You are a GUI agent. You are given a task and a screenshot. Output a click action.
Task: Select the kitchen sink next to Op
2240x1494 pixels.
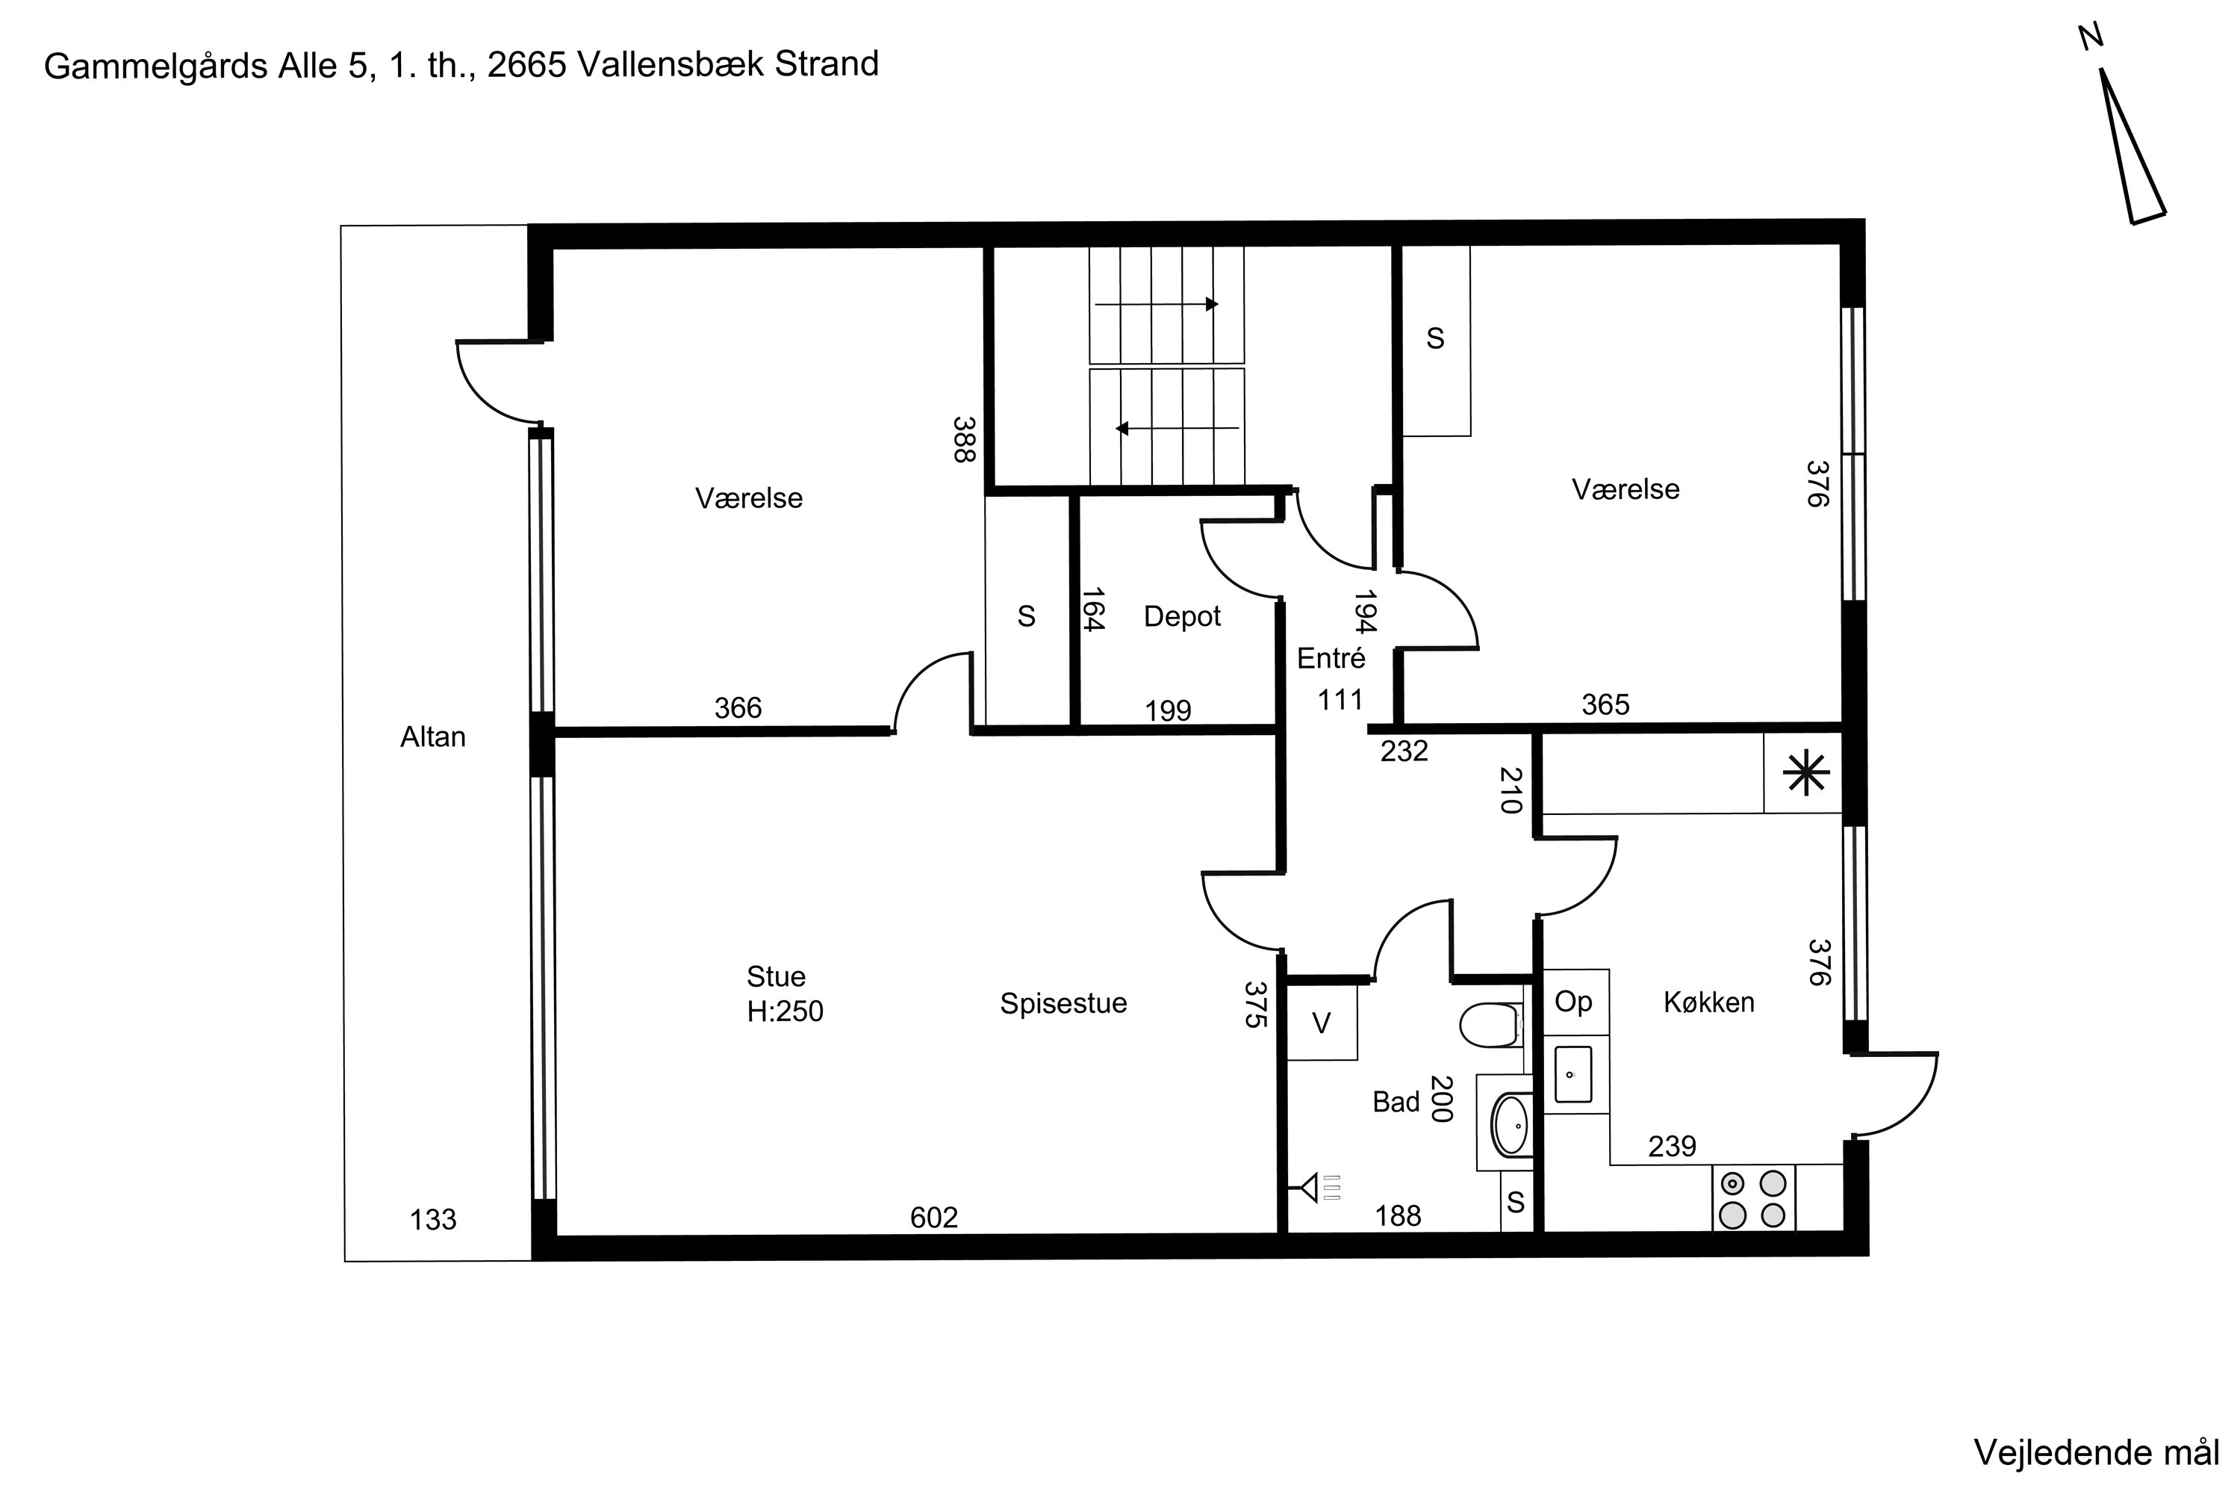(x=1573, y=1074)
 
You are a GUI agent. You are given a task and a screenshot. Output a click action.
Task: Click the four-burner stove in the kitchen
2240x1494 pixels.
(x=1753, y=1199)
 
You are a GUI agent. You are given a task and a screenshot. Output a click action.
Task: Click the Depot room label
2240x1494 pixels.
(x=1182, y=616)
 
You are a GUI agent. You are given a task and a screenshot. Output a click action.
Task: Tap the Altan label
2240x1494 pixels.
(x=432, y=737)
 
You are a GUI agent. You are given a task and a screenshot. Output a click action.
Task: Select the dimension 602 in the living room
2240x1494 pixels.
(x=933, y=1217)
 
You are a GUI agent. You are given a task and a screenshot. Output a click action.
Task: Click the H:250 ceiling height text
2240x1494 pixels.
(x=785, y=1011)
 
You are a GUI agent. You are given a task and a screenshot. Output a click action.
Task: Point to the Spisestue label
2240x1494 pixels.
(x=1063, y=1003)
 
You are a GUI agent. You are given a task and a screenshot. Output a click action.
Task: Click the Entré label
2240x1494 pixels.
(x=1331, y=657)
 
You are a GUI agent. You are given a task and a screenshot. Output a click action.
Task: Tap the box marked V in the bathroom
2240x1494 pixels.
(x=1322, y=1023)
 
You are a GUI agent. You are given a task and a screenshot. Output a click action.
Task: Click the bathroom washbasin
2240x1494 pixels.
(x=1511, y=1125)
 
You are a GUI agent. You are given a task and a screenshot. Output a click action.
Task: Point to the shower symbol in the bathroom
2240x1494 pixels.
(x=1315, y=1187)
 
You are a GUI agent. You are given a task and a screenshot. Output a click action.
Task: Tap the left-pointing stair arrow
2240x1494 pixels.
(x=1177, y=428)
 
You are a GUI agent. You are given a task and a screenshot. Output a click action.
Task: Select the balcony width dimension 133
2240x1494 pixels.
(x=432, y=1220)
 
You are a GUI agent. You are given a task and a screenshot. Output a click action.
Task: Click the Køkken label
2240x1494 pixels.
(x=1708, y=1002)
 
